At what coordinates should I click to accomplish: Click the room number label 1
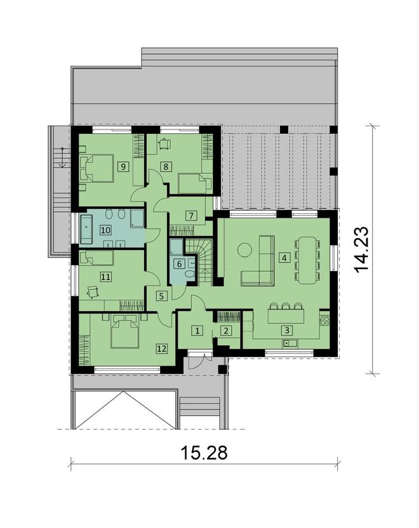[x=197, y=331]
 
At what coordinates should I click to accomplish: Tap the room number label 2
[x=224, y=330]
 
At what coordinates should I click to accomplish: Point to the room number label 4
[x=284, y=258]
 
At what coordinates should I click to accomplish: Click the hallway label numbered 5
[x=162, y=295]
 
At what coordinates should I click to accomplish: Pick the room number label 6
[x=178, y=263]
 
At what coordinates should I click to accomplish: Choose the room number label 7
[x=190, y=215]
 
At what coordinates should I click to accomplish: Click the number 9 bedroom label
[x=121, y=166]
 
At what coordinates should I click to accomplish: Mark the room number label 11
[x=105, y=276]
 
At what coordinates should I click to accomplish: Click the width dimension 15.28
[x=204, y=454]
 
